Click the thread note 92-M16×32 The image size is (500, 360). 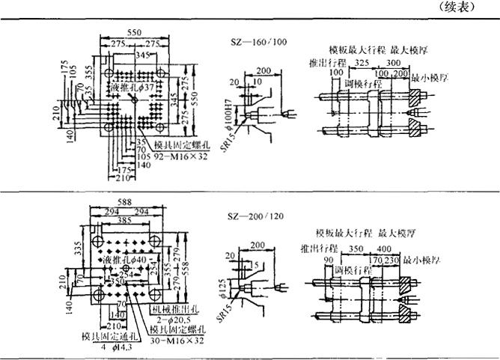(x=180, y=159)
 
